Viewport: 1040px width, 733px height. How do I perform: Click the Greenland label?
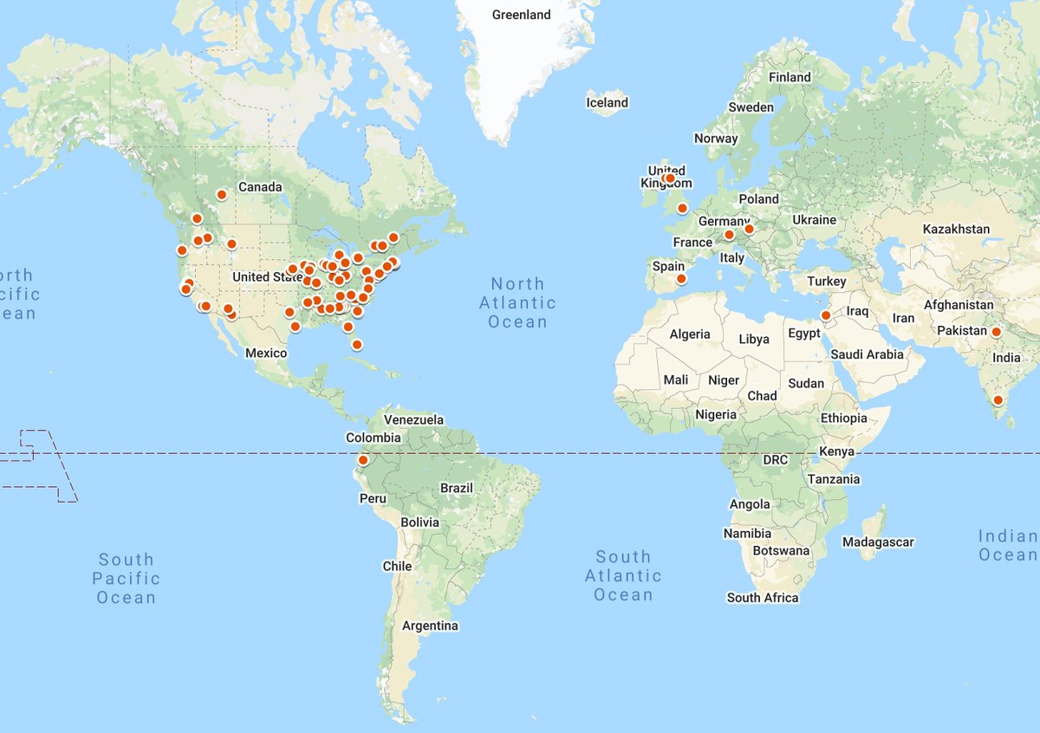pyautogui.click(x=521, y=15)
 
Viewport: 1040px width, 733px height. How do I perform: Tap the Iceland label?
pyautogui.click(x=607, y=102)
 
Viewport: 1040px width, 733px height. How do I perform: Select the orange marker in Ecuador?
pyautogui.click(x=363, y=460)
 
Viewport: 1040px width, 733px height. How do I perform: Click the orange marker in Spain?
pyautogui.click(x=681, y=279)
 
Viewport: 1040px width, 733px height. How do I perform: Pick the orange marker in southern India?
pyautogui.click(x=998, y=400)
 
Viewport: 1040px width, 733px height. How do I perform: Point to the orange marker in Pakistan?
pyautogui.click(x=997, y=332)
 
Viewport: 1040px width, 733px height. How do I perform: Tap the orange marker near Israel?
pyautogui.click(x=827, y=315)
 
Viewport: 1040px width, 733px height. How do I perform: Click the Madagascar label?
pyautogui.click(x=878, y=542)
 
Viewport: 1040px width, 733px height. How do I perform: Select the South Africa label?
pyautogui.click(x=763, y=598)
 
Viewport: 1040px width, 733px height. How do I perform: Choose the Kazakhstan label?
pyautogui.click(x=956, y=230)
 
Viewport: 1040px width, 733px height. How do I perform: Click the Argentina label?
pyautogui.click(x=430, y=626)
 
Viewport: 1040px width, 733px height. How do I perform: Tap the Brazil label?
pyautogui.click(x=457, y=488)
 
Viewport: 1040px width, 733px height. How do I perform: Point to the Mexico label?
pyautogui.click(x=266, y=353)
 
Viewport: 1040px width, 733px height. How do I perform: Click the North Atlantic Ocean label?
pyautogui.click(x=517, y=302)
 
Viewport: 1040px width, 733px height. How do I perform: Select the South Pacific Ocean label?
pyautogui.click(x=126, y=578)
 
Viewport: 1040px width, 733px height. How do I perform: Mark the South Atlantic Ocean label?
pyautogui.click(x=623, y=575)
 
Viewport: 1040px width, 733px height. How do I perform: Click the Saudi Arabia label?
pyautogui.click(x=867, y=354)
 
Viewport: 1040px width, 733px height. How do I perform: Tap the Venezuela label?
pyautogui.click(x=413, y=420)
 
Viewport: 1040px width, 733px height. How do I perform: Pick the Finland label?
pyautogui.click(x=790, y=77)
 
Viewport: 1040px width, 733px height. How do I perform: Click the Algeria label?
pyautogui.click(x=690, y=334)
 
